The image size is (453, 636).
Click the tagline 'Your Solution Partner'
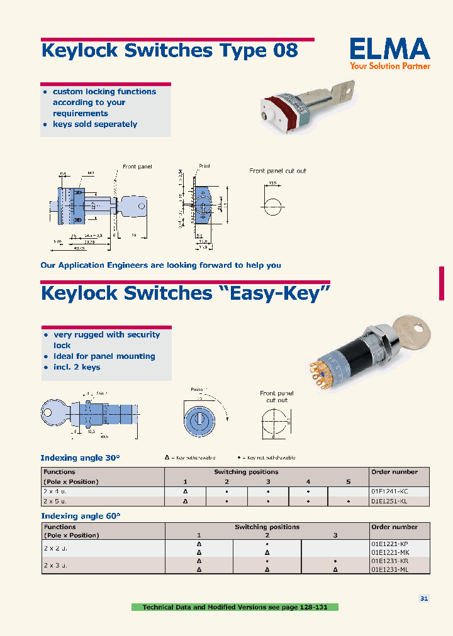click(390, 65)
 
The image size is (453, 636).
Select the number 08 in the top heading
click(285, 50)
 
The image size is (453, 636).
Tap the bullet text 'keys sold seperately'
click(95, 124)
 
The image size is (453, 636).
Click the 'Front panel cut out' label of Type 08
click(277, 171)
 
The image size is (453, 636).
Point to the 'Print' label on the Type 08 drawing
click(204, 167)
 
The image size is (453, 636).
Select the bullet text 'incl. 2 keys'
click(77, 367)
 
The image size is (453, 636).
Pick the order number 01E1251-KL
click(391, 502)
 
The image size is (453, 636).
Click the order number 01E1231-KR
click(391, 561)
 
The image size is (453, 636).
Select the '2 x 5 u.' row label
click(55, 502)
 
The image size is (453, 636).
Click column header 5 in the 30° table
click(348, 481)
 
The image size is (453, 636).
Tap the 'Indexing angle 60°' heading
click(80, 515)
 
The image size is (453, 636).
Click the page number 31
click(424, 599)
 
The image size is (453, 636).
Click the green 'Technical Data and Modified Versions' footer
click(235, 607)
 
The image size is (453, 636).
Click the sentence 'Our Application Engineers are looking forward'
click(160, 265)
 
